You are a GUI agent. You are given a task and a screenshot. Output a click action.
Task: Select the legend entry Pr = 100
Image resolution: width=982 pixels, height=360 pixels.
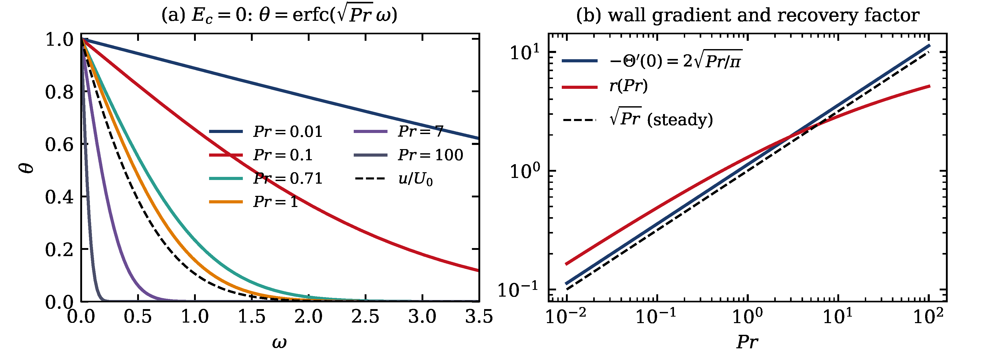point(408,155)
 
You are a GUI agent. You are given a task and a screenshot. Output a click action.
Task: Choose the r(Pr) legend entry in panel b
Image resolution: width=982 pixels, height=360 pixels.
point(605,86)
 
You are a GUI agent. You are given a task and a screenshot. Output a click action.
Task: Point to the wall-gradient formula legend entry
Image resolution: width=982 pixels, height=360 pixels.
point(652,60)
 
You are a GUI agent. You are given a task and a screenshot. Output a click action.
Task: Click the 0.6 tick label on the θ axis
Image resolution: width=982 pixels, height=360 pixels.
point(59,144)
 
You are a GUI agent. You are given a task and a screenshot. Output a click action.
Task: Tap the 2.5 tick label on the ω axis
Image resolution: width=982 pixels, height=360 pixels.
point(365,317)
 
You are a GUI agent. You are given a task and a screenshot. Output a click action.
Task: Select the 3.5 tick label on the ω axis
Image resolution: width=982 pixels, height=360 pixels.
point(479,317)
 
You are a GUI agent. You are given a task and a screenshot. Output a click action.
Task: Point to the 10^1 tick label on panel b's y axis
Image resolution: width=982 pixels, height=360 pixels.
point(525,52)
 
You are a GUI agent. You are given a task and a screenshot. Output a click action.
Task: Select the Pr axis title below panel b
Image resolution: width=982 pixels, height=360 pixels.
point(747,342)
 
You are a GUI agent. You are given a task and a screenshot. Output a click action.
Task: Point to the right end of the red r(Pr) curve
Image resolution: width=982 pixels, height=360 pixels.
point(930,86)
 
